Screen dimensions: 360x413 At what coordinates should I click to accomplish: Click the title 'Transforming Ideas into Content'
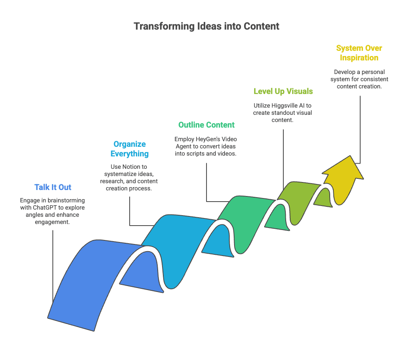click(x=206, y=26)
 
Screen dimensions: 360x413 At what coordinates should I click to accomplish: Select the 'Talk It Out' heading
click(x=53, y=187)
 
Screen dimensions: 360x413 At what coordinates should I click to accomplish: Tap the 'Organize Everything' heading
click(x=130, y=149)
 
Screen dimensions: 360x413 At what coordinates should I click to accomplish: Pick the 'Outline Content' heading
click(x=206, y=125)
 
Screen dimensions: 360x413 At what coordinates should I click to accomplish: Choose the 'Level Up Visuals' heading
click(x=283, y=91)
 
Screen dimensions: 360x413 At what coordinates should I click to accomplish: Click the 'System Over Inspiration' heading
click(x=359, y=53)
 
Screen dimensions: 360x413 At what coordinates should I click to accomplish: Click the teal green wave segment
click(x=244, y=216)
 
